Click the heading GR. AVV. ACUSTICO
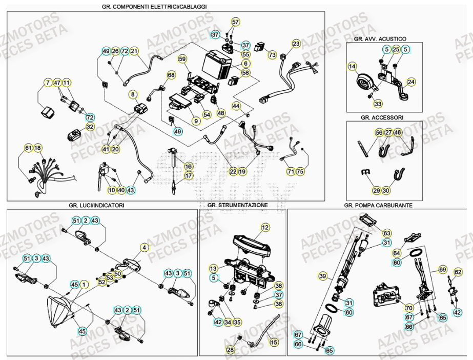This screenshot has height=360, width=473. click(x=380, y=39)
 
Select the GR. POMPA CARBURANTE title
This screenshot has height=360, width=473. click(x=378, y=205)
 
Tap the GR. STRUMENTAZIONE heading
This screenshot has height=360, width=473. click(x=237, y=205)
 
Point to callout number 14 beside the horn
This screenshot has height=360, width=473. click(x=352, y=66)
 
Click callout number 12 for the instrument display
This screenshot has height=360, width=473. click(x=265, y=227)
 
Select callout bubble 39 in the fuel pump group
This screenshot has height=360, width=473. click(x=322, y=276)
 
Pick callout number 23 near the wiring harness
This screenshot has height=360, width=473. click(x=296, y=44)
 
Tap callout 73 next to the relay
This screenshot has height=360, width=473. click(x=272, y=55)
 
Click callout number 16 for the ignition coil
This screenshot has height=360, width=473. click(x=188, y=166)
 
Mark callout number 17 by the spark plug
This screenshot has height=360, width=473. click(x=188, y=175)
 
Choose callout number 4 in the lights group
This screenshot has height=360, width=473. click(x=145, y=247)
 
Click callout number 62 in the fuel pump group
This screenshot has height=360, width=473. click(x=458, y=272)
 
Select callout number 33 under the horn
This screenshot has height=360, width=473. click(x=378, y=104)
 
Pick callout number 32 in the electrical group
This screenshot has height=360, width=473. click(x=90, y=126)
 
